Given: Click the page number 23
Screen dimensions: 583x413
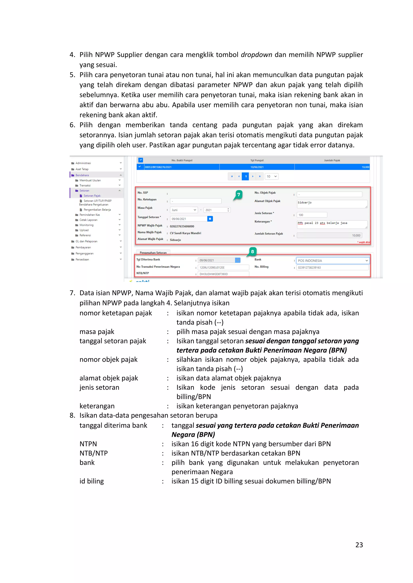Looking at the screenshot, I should (x=359, y=545).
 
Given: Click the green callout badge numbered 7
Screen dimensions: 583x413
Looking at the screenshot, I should (x=239, y=195).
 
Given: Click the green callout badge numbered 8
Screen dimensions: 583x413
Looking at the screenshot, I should (x=252, y=252).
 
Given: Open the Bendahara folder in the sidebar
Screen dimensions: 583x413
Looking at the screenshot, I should (x=82, y=175).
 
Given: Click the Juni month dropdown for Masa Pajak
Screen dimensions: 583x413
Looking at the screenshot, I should (x=184, y=210).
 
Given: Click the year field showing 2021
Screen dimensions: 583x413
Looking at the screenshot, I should (x=217, y=210).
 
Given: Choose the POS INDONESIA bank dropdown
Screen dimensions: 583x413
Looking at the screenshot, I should (x=332, y=260).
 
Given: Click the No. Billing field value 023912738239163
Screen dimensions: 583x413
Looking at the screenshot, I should (x=332, y=268).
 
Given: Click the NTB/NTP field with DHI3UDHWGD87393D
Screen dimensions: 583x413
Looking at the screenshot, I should (x=223, y=274).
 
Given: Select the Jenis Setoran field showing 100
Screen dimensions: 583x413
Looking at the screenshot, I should (x=312, y=215).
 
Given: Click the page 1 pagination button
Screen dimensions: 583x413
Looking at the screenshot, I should (x=245, y=176).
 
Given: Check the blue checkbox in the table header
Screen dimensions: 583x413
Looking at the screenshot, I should (x=141, y=160).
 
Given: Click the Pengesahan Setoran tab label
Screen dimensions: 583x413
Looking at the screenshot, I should (x=153, y=252).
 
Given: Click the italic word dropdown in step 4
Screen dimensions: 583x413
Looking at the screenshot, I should (x=256, y=55).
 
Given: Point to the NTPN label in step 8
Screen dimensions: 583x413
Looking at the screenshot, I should (x=88, y=444).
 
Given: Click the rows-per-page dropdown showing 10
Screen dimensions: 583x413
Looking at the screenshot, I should (x=272, y=176).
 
